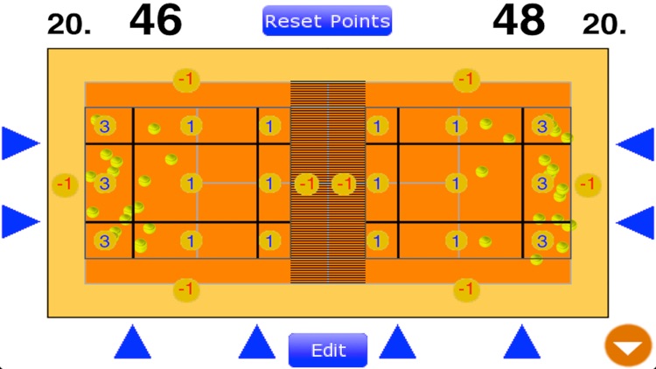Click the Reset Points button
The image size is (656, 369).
coord(327,21)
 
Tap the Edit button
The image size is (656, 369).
coord(328,351)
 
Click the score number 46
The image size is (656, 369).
coord(156,20)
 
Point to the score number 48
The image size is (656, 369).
coord(519,20)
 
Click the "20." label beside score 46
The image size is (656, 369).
coord(69,24)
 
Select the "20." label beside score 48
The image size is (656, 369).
coord(604,24)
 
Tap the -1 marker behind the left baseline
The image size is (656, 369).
coord(64,184)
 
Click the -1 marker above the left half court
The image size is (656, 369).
coord(185,80)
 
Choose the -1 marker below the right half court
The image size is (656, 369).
coord(467,288)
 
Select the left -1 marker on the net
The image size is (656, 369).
coord(306,184)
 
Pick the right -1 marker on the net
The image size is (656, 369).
coord(345,184)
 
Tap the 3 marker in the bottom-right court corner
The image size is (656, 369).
coord(542,240)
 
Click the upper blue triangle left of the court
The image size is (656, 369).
coord(20,143)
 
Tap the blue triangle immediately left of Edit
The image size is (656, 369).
coord(257,342)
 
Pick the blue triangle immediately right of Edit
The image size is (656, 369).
coord(398,342)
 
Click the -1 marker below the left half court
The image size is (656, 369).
coord(185,288)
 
